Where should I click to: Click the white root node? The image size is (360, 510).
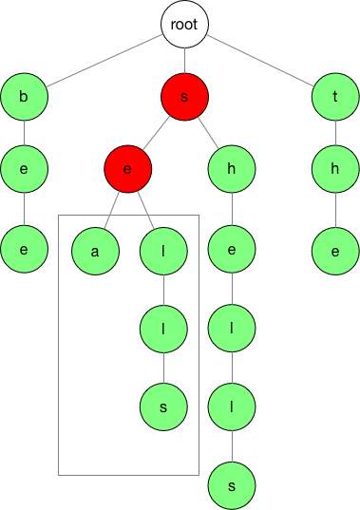click(184, 26)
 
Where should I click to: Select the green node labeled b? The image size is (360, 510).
click(25, 96)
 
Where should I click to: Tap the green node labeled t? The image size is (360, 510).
click(336, 96)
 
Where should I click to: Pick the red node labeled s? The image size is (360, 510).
click(184, 96)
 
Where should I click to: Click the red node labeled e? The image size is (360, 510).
click(128, 171)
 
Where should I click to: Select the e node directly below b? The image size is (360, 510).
click(25, 171)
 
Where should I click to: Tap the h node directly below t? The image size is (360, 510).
click(336, 171)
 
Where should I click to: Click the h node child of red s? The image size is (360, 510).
click(233, 171)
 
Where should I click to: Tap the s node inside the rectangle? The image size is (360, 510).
click(163, 406)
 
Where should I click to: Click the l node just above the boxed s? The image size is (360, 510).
click(163, 329)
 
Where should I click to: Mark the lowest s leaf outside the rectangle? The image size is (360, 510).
click(233, 484)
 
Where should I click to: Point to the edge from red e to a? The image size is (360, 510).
click(112, 211)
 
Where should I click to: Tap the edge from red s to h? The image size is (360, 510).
click(209, 133)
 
